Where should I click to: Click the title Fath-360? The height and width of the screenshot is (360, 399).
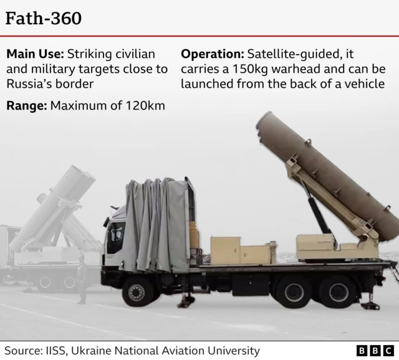click(44, 19)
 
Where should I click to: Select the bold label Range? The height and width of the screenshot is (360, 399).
click(26, 105)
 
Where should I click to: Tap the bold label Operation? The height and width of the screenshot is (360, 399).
click(211, 54)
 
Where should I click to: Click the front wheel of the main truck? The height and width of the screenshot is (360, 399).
click(138, 291)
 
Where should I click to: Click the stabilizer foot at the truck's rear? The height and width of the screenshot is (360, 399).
click(370, 305)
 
